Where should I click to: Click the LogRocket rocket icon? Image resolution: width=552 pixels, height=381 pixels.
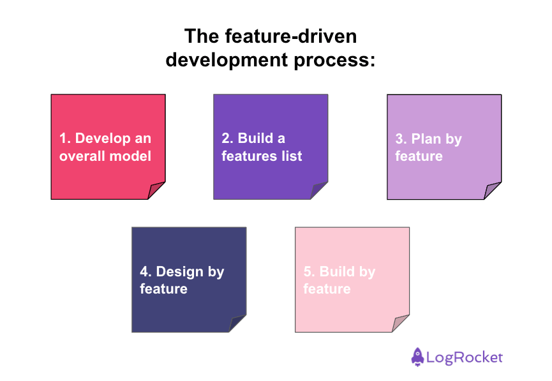tap(418, 357)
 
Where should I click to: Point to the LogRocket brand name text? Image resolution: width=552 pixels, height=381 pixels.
tap(466, 358)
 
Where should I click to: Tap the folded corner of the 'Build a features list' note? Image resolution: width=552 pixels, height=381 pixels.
tap(319, 191)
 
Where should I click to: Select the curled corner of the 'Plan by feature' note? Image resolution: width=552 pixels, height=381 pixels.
tap(493, 191)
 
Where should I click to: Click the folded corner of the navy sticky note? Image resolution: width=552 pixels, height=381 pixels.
tap(237, 324)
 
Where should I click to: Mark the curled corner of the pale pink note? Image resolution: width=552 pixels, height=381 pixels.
tap(401, 324)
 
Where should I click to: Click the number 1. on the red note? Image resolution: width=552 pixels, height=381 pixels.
tap(65, 138)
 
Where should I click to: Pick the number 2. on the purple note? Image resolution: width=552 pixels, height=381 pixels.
tap(228, 138)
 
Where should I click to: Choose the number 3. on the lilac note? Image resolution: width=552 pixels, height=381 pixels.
tap(401, 139)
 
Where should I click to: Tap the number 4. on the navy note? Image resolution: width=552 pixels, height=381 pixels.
tap(145, 272)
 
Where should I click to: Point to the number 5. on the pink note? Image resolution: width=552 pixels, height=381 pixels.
tap(310, 272)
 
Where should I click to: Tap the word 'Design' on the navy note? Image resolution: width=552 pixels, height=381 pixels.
tap(180, 272)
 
